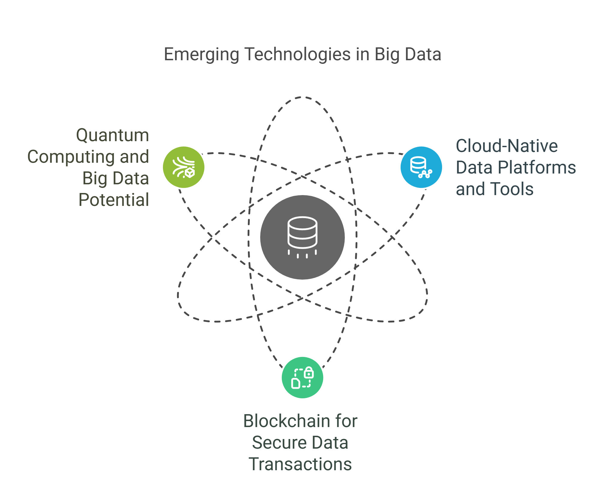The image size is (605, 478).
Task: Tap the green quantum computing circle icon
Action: (184, 167)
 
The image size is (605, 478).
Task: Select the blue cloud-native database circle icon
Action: (421, 167)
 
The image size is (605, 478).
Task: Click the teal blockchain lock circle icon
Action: (302, 378)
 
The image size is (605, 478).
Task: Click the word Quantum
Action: (113, 135)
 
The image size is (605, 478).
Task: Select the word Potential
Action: (114, 200)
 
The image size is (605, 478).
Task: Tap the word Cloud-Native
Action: (507, 146)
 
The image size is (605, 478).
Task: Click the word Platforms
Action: (537, 168)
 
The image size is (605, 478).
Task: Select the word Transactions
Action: (300, 464)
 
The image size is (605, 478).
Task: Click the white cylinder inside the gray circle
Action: (302, 233)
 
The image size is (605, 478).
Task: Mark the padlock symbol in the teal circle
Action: (309, 373)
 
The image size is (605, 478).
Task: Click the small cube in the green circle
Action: (190, 173)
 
